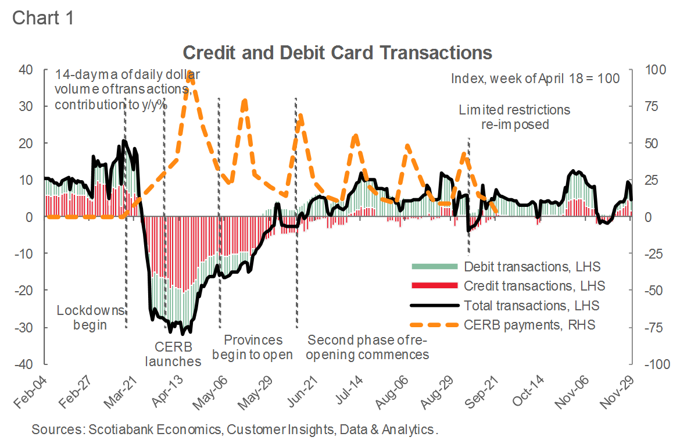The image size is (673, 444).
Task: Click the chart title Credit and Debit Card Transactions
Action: tap(338, 52)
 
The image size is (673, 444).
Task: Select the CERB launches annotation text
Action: tap(178, 354)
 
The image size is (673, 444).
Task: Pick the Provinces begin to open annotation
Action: tap(253, 347)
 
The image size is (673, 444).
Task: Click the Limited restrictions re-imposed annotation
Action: tap(515, 117)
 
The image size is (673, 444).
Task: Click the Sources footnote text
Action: tap(234, 430)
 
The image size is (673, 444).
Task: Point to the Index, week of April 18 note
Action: tap(535, 78)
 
